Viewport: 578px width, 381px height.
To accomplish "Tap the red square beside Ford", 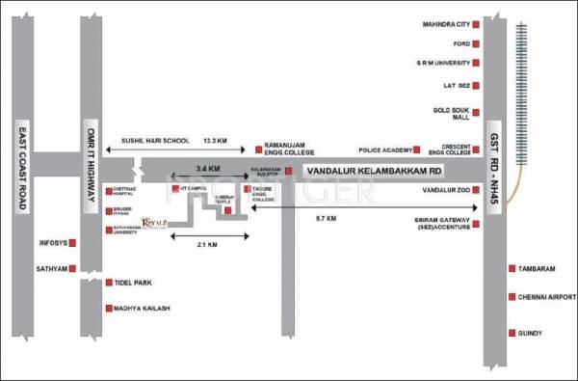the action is (x=475, y=43).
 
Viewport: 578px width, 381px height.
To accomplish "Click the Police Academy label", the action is (x=384, y=150).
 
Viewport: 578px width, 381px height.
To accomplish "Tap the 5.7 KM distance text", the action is (x=326, y=219).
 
